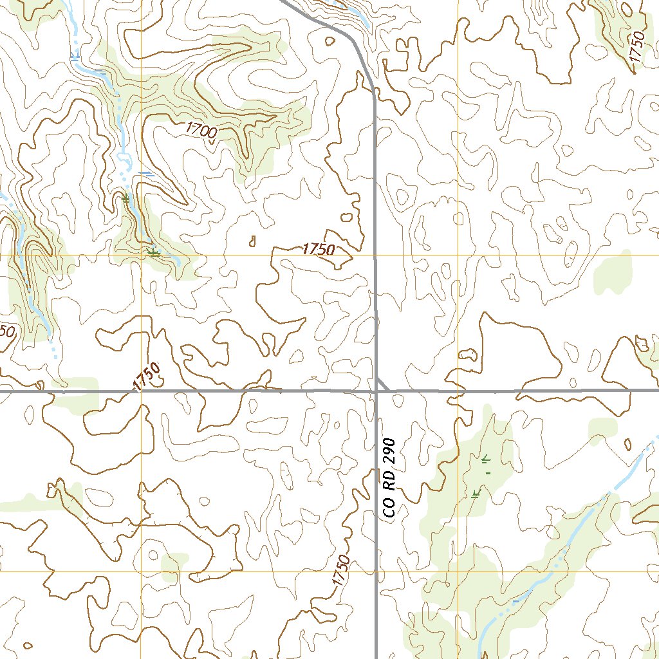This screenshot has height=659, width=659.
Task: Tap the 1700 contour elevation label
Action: [201, 129]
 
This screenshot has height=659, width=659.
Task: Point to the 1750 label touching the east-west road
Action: [145, 376]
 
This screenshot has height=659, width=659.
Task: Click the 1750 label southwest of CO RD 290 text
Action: [341, 570]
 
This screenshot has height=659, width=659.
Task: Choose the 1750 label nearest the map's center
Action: [319, 249]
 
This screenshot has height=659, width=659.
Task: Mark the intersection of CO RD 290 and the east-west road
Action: [376, 390]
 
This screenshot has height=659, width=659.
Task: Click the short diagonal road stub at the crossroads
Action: [383, 384]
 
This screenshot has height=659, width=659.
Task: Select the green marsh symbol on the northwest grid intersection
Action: [153, 252]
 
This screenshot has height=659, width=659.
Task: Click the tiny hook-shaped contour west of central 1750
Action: [252, 241]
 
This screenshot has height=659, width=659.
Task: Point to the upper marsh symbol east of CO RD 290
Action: [486, 459]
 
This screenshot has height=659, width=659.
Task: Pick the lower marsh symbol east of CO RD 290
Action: [476, 494]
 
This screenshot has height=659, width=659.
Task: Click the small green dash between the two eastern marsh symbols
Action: [488, 474]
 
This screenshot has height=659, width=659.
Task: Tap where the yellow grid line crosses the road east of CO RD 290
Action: [458, 390]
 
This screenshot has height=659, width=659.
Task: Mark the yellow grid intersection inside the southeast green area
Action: [458, 571]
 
